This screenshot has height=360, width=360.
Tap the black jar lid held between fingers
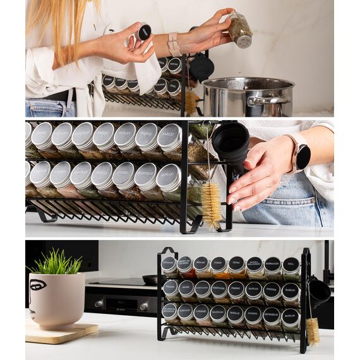click(143, 32)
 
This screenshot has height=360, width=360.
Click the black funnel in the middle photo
click(232, 142)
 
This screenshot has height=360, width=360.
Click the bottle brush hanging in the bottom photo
click(313, 330)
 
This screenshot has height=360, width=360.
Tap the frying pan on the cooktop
click(150, 279)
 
